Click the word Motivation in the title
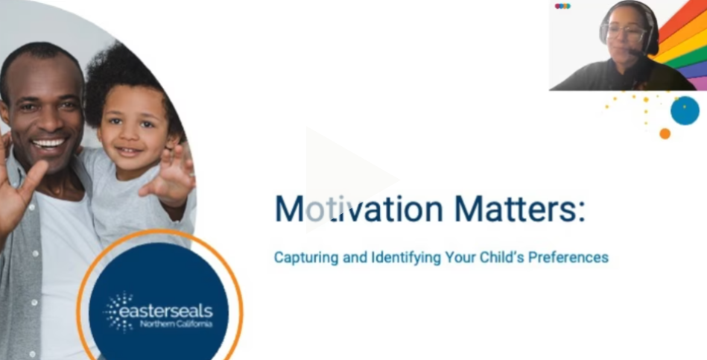359,209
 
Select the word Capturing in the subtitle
306,258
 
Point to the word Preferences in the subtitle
568,257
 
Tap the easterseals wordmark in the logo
165,312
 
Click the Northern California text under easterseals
176,324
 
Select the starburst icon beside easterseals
118,312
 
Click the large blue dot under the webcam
685,110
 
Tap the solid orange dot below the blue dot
665,133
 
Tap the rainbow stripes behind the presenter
682,43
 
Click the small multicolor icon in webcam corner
562,6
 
